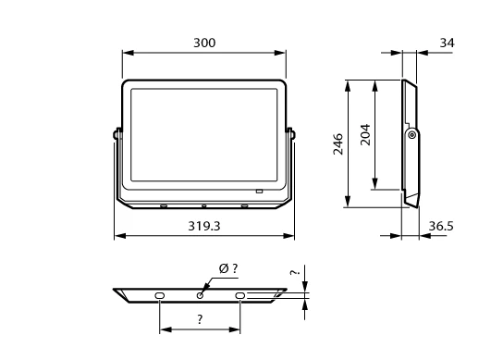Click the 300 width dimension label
204,43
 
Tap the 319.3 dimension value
204,226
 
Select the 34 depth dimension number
447,43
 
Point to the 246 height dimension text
338,144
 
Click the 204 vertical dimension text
365,135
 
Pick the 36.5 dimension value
441,226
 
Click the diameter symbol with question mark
228,268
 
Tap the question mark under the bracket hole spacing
200,319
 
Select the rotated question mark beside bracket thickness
295,272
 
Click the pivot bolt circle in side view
412,135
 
